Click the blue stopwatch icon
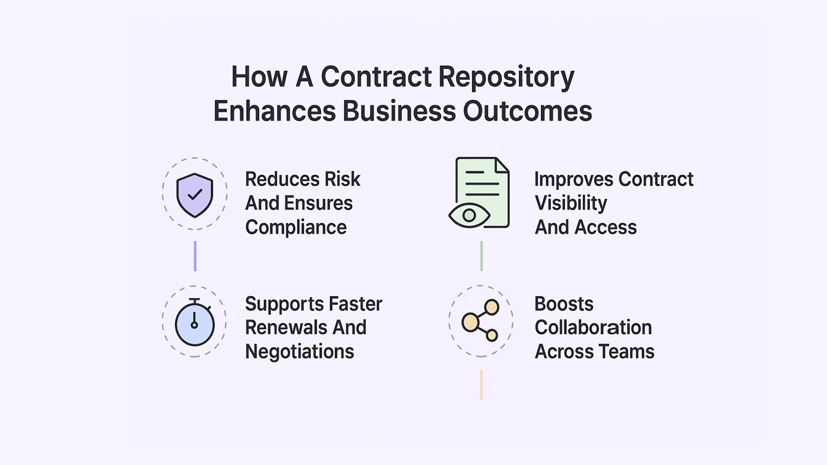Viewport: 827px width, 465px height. click(194, 321)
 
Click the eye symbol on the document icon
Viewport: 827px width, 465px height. click(469, 215)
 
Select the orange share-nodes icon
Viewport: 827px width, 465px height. click(481, 321)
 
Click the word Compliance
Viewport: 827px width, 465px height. click(296, 227)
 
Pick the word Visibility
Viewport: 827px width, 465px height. click(571, 203)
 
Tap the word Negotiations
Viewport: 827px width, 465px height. click(299, 351)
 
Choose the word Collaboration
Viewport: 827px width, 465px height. click(593, 327)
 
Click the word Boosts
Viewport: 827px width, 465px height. click(564, 304)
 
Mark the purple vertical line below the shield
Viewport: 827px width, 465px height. click(195, 256)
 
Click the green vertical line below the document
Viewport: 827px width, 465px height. click(481, 256)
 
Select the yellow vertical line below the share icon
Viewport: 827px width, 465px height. click(481, 384)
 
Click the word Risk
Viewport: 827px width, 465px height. click(343, 179)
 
